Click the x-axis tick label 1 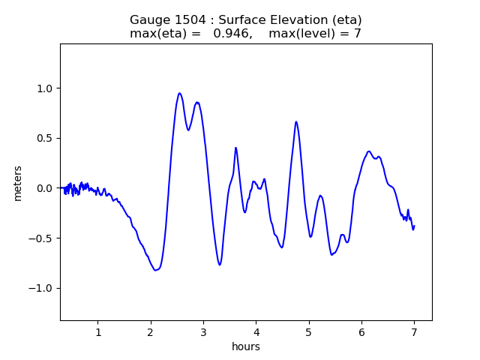[x=98, y=332]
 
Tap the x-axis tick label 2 [x=151, y=332]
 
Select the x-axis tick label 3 [x=203, y=332]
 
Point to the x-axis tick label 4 [x=256, y=332]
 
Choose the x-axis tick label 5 [x=308, y=332]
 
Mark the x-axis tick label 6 [x=361, y=332]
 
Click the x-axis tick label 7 [x=414, y=332]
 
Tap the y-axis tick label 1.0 [x=46, y=88]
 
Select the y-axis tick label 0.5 [x=46, y=138]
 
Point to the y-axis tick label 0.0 [x=46, y=188]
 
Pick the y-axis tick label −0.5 [x=43, y=238]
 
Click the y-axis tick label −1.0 [x=43, y=288]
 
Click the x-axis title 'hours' [x=246, y=346]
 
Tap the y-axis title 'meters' [x=18, y=183]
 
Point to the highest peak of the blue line [x=180, y=94]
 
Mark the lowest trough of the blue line [x=155, y=270]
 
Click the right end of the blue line [x=414, y=226]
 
